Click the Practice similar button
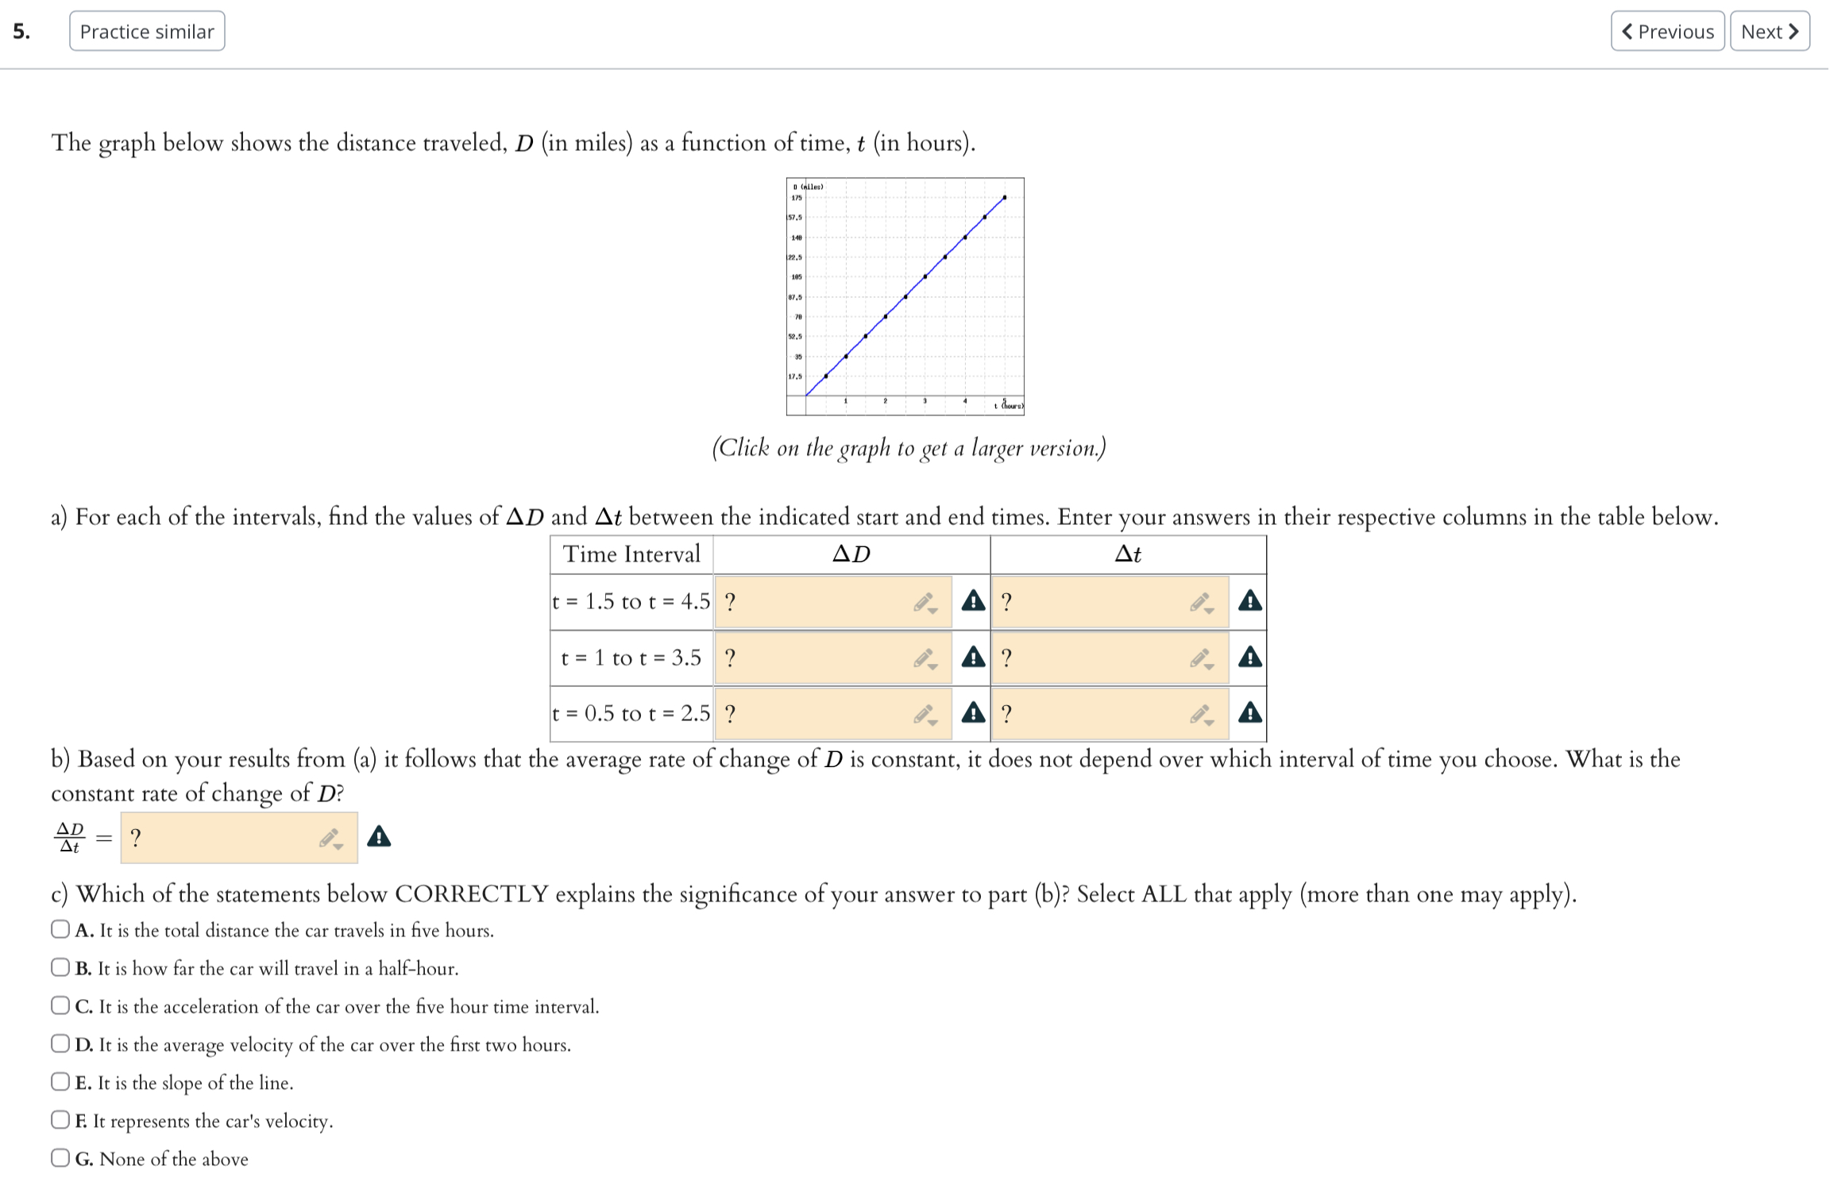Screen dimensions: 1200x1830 147,32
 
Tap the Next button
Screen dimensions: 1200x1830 1769,32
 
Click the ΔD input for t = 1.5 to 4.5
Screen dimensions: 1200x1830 818,602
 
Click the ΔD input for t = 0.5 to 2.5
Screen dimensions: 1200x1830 818,713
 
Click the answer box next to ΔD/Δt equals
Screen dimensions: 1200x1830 222,838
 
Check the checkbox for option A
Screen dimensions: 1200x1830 60,929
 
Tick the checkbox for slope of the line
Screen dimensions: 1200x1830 60,1082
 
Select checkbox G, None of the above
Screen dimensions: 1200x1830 60,1158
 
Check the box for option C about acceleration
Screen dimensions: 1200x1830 60,1005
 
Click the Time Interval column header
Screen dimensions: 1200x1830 631,554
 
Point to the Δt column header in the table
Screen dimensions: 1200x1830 1128,554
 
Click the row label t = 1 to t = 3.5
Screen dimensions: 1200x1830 631,658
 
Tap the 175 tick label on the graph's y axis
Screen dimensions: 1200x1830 797,198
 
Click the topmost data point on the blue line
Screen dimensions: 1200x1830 1005,197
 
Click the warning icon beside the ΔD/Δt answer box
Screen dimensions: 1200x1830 379,836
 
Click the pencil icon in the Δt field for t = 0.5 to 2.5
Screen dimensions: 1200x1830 1201,715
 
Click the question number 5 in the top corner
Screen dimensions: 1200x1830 21,32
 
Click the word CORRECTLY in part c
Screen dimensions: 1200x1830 472,894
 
